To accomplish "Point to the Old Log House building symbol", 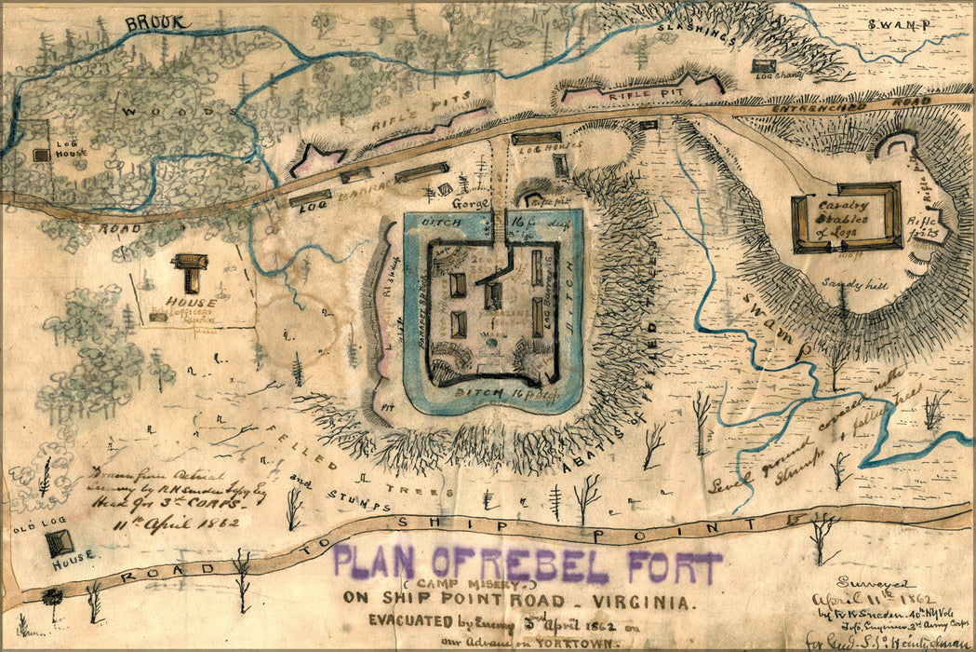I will coord(59,541).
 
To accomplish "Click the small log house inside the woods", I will coord(42,156).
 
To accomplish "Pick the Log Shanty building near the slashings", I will coord(764,65).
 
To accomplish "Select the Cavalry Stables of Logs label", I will coord(843,218).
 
